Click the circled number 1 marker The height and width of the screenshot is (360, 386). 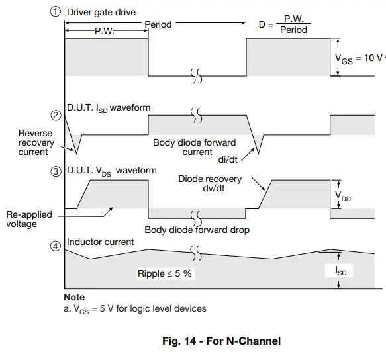click(x=56, y=12)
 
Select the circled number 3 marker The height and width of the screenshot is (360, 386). click(x=56, y=172)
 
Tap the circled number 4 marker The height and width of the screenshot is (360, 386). click(x=56, y=248)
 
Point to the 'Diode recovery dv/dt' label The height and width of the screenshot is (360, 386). click(x=210, y=183)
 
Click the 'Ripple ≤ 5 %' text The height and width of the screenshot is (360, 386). click(x=165, y=273)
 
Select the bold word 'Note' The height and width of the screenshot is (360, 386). click(x=74, y=298)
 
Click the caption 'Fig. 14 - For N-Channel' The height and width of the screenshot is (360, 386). click(x=221, y=341)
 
